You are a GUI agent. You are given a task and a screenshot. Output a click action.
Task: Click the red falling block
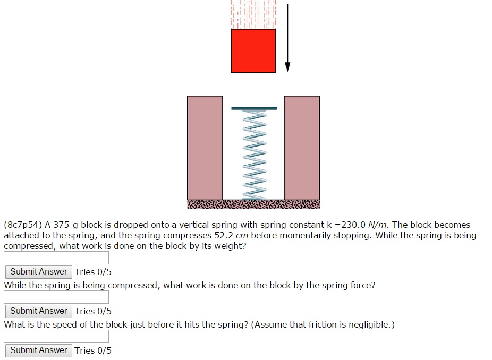253,50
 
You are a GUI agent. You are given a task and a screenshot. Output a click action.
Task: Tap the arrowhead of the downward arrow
287,66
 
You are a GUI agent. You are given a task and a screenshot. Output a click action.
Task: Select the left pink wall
205,148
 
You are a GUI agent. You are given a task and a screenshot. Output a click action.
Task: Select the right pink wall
302,148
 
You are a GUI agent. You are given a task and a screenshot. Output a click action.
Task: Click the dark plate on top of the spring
254,108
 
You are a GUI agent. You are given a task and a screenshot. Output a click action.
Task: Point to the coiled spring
254,154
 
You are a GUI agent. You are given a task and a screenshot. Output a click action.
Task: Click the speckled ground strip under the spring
253,204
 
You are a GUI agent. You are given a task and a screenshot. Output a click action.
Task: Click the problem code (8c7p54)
23,225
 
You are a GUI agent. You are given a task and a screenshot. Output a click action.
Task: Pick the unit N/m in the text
379,225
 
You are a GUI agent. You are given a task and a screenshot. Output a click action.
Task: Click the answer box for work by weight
56,258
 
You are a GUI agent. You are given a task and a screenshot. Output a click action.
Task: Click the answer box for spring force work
56,297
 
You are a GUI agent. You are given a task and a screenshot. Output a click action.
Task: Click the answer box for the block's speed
56,337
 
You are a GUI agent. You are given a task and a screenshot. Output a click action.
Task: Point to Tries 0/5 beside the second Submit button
93,311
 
